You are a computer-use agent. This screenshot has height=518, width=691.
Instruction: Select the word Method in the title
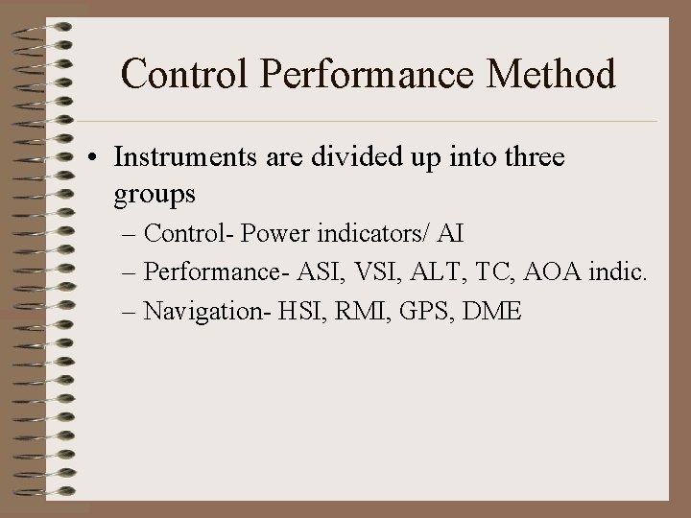pyautogui.click(x=558, y=75)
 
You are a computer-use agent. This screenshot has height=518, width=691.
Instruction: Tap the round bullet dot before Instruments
pyautogui.click(x=100, y=159)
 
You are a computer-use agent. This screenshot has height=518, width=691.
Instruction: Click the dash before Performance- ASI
pyautogui.click(x=130, y=273)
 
